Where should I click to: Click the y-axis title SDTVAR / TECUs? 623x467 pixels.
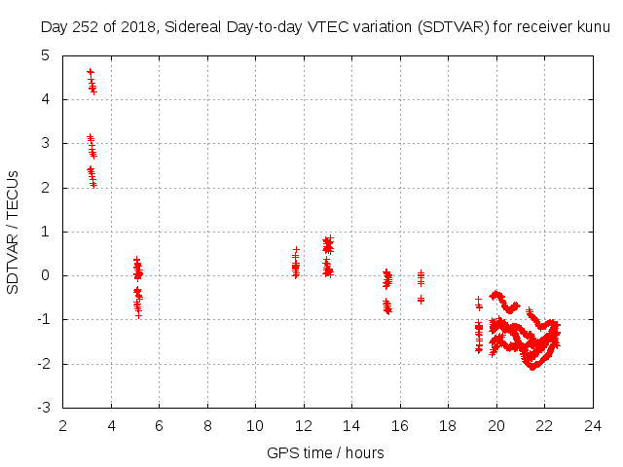14,232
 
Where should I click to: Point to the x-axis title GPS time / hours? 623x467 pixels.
325,452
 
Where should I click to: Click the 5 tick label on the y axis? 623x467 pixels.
46,55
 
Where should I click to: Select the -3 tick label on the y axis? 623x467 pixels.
43,408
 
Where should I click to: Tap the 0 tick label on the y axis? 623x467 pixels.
46,275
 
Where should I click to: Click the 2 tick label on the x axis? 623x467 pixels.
63,425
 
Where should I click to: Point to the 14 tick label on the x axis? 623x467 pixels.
352,425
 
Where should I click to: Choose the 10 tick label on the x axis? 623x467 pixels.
256,425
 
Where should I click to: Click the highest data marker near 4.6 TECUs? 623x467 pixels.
91,72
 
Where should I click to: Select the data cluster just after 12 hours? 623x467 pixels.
295,264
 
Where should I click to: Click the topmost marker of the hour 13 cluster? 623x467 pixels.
328,238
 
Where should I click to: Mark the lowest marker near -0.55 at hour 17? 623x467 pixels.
421,300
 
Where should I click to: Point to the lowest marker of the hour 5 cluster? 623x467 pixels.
138,315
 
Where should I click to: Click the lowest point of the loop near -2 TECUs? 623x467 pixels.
531,367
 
